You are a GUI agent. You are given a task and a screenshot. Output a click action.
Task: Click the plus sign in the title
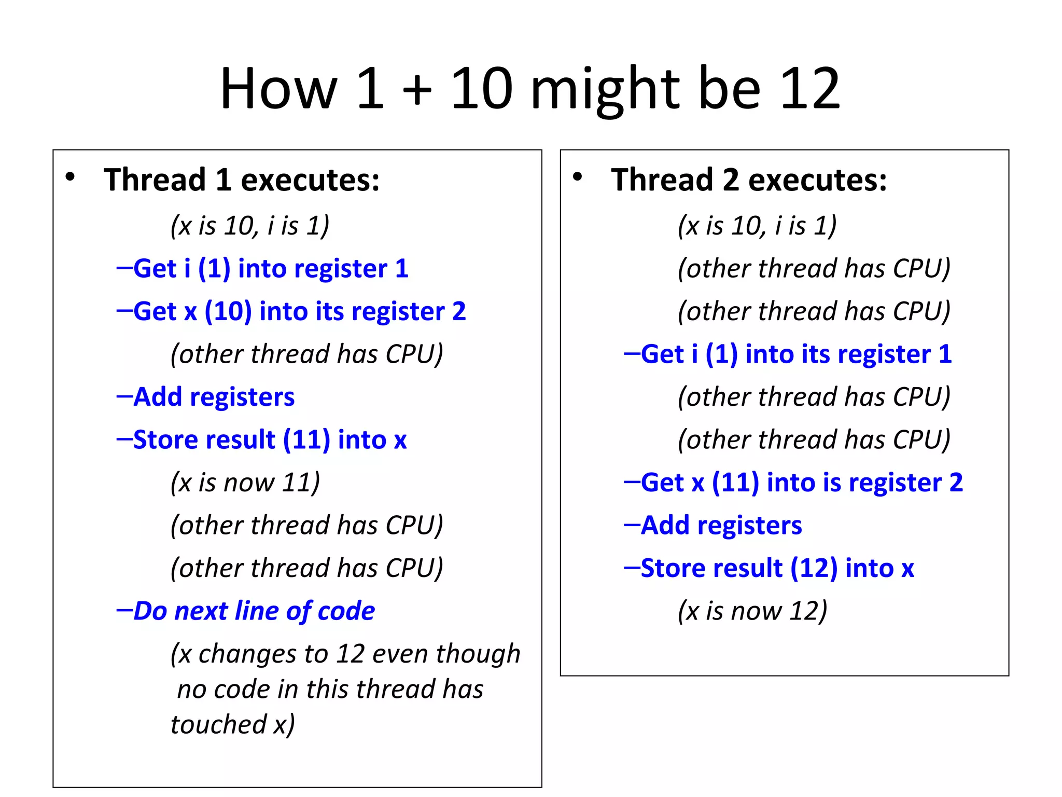[x=417, y=89]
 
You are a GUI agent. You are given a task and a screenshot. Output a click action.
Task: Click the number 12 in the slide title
[x=809, y=89]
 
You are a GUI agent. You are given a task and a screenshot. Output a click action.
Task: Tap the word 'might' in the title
[x=605, y=89]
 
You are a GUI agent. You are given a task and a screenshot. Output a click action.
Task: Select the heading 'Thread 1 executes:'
[x=242, y=180]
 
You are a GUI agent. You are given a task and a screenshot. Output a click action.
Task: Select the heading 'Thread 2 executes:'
[x=749, y=180]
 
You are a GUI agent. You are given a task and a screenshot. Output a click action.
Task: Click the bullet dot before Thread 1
[x=70, y=177]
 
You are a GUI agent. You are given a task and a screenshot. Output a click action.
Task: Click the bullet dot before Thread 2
[x=577, y=177]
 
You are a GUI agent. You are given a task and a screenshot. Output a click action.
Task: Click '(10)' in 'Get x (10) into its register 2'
[x=228, y=311]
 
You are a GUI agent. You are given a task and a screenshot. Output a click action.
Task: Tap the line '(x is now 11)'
[x=245, y=483]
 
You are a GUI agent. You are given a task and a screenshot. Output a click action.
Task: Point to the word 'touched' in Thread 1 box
[x=218, y=724]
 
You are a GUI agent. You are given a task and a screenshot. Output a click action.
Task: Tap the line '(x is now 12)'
[x=752, y=611]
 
